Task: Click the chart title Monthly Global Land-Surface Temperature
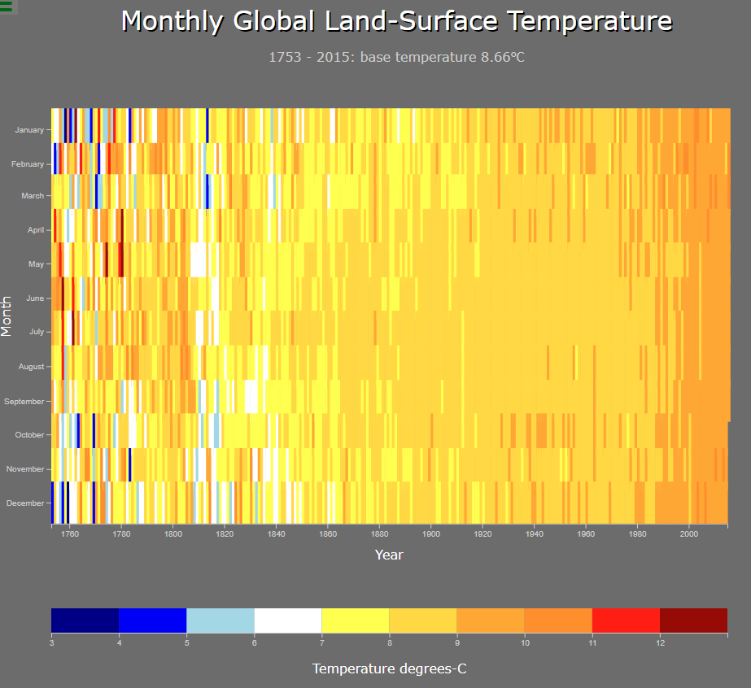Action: pyautogui.click(x=397, y=22)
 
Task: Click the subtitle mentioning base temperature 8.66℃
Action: pyautogui.click(x=392, y=57)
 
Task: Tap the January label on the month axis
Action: pyautogui.click(x=29, y=130)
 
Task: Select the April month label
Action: pyautogui.click(x=36, y=230)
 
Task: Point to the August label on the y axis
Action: pyautogui.click(x=31, y=367)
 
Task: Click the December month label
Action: pyautogui.click(x=25, y=503)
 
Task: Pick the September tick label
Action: pyautogui.click(x=24, y=402)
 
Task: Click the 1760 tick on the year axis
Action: pyautogui.click(x=69, y=534)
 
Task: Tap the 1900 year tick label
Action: pyautogui.click(x=431, y=534)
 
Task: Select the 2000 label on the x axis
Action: pyautogui.click(x=689, y=534)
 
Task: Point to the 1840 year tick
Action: pyautogui.click(x=276, y=534)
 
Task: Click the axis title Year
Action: pyautogui.click(x=389, y=555)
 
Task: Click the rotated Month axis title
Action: pyautogui.click(x=7, y=316)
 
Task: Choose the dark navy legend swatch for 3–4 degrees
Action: pyautogui.click(x=85, y=620)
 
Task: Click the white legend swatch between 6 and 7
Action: pyautogui.click(x=288, y=620)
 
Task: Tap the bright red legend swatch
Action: pyautogui.click(x=626, y=620)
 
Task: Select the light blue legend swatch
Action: pyautogui.click(x=220, y=620)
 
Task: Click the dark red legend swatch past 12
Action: pyautogui.click(x=693, y=620)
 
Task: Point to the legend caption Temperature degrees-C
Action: pyautogui.click(x=390, y=668)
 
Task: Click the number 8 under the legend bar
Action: pyautogui.click(x=390, y=643)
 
